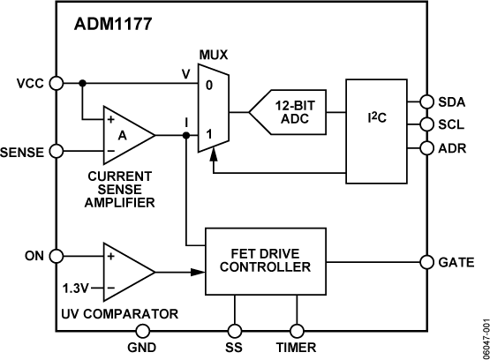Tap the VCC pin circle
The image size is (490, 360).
(x=56, y=83)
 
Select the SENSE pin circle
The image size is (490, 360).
(x=56, y=151)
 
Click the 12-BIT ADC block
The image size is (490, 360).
(x=288, y=113)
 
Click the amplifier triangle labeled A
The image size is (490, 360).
(x=124, y=135)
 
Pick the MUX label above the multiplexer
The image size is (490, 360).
(x=213, y=55)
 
